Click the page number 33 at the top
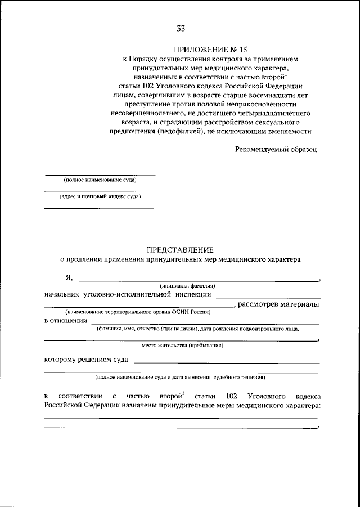pos(180,29)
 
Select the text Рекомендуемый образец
pos(276,150)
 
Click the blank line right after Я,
pos(197,280)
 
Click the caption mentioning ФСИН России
pos(137,312)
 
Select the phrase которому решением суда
pos(85,359)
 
